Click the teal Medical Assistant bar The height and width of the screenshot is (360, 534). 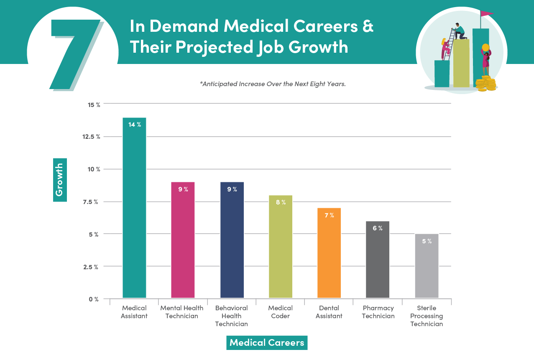(134, 209)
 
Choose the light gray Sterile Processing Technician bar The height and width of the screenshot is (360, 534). (427, 268)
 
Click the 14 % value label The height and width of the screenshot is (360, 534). (135, 125)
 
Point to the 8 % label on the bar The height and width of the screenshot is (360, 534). (281, 202)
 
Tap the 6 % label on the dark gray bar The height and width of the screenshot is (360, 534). (378, 228)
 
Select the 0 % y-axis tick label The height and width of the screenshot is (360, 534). (93, 299)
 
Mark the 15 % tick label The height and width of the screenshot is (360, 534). (94, 105)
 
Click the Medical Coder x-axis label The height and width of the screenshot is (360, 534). (280, 312)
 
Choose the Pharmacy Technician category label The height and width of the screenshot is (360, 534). (378, 312)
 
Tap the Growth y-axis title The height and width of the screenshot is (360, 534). (60, 180)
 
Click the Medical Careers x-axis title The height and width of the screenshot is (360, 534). (267, 343)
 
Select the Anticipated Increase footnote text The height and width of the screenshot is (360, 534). (273, 84)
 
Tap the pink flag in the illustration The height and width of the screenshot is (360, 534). (486, 13)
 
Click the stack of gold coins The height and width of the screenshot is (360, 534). (486, 84)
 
